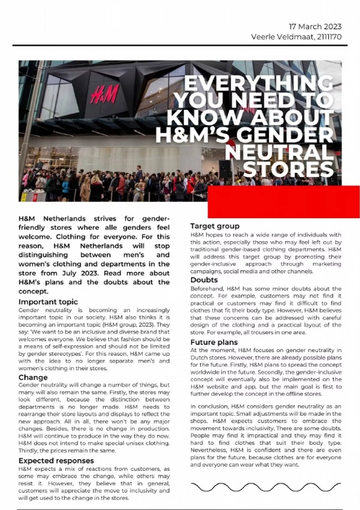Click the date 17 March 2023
[315, 27]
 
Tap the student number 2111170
[329, 37]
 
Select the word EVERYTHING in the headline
[259, 84]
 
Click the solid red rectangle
[283, 202]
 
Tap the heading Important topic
[48, 302]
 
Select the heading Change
[33, 377]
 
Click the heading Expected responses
[56, 460]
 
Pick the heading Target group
[215, 226]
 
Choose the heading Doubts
[204, 280]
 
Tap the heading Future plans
[214, 342]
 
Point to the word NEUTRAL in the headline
[279, 152]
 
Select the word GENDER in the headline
[285, 135]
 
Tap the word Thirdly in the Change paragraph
[27, 450]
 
